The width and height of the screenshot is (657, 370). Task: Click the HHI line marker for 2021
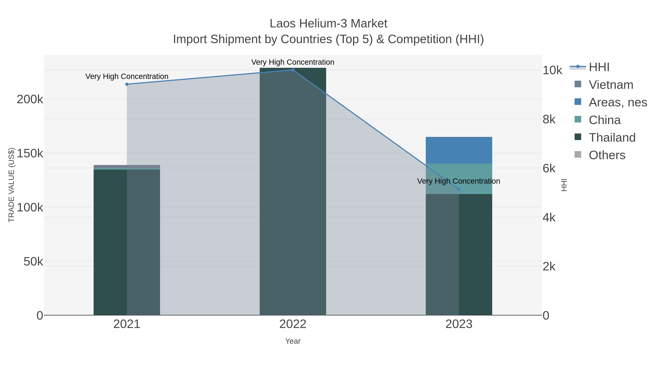click(127, 84)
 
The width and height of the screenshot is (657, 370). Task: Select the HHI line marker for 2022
click(293, 70)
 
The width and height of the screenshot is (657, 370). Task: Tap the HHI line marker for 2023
click(459, 189)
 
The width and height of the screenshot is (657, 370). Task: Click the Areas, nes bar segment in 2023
click(459, 150)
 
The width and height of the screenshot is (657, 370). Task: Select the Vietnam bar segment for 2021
click(127, 166)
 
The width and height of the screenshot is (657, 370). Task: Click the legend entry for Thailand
click(612, 137)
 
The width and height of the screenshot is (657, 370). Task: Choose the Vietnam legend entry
click(611, 85)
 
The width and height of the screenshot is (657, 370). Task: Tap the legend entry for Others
click(607, 155)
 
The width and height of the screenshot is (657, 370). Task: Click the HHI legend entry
click(599, 67)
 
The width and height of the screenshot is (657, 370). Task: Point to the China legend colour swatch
click(578, 119)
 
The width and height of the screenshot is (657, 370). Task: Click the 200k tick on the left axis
click(30, 99)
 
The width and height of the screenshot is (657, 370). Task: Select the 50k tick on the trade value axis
click(33, 261)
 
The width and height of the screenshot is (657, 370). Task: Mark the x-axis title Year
click(293, 341)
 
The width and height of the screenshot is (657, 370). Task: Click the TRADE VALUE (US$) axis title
click(11, 185)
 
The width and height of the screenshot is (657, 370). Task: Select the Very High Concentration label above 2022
click(293, 62)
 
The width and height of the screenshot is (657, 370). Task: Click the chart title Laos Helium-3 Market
click(328, 24)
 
